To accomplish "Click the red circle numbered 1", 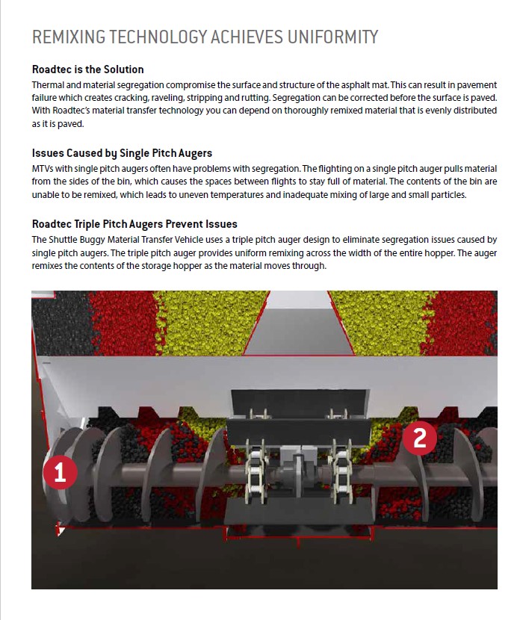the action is (x=60, y=472).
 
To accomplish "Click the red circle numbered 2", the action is (x=420, y=438).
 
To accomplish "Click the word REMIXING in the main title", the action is (x=69, y=37).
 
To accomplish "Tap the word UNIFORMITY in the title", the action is (x=332, y=37).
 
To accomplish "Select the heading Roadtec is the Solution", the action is (x=88, y=69).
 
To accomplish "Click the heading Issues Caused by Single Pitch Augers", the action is (x=122, y=153).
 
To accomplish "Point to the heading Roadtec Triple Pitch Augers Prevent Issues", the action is (x=134, y=224).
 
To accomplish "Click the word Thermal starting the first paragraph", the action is (x=45, y=85).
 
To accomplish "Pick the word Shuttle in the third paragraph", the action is (x=64, y=240).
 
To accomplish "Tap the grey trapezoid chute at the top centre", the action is (x=299, y=323).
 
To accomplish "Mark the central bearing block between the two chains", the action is (x=297, y=467).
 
